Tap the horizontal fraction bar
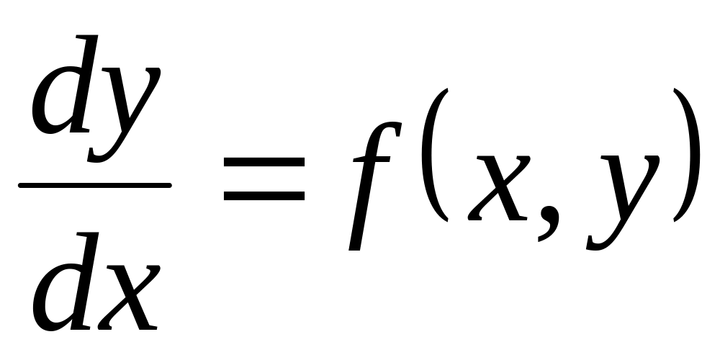94,185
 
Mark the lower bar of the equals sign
264,195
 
